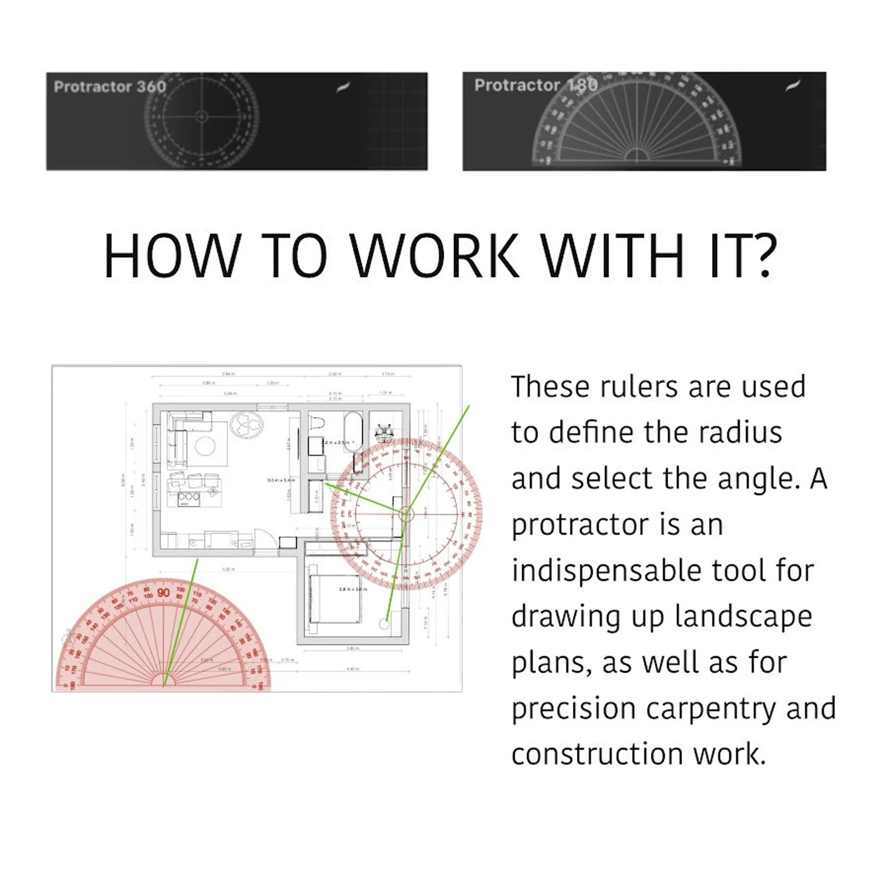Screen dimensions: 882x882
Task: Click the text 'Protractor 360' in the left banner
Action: [110, 87]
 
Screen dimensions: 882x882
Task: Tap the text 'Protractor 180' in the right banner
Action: [535, 85]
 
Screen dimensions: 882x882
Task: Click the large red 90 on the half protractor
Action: [163, 593]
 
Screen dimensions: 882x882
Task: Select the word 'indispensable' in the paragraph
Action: [605, 570]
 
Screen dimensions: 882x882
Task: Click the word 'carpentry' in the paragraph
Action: [711, 708]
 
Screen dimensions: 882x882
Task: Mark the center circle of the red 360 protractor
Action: [405, 514]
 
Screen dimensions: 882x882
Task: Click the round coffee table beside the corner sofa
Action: [204, 445]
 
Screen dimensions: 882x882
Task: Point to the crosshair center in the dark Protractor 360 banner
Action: [202, 116]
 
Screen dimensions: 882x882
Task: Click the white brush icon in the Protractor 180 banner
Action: [794, 86]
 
